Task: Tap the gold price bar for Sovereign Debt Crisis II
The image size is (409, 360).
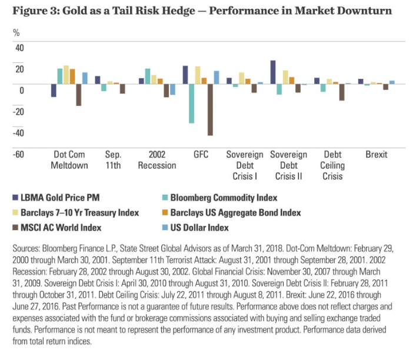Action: [273, 72]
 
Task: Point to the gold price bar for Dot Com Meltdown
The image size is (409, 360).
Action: [54, 91]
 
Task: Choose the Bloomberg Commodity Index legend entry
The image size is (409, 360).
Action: [223, 198]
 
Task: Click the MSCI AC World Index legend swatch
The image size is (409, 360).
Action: [15, 227]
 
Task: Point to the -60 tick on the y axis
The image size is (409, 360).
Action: [18, 154]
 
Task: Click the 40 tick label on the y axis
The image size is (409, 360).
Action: [19, 47]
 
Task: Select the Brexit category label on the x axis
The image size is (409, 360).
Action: [376, 154]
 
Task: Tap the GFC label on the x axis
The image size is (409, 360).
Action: [201, 154]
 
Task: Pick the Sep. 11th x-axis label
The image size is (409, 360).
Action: [113, 159]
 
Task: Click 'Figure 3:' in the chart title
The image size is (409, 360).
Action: [32, 11]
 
